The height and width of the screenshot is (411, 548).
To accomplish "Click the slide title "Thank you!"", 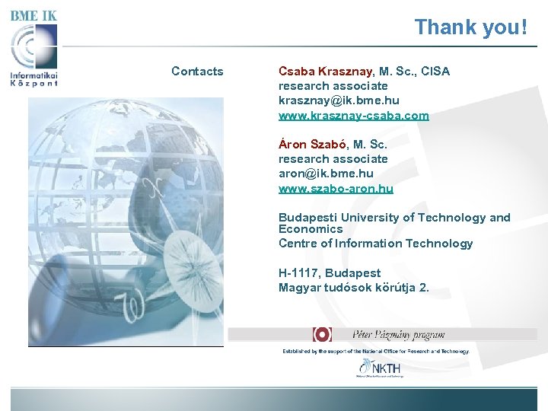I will (470, 27).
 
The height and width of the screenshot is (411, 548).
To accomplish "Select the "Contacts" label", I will (197, 72).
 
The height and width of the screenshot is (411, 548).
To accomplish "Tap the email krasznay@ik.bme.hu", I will (339, 100).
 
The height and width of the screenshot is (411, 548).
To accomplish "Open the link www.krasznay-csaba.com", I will (353, 116).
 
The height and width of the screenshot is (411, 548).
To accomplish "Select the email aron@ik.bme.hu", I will (326, 174).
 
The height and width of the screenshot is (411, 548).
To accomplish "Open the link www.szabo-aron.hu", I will (336, 188).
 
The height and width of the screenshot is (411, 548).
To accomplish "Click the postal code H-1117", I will (301, 272).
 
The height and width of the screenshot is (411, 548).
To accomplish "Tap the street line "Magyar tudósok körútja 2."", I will (353, 288).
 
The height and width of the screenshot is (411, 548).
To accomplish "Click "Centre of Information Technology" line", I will (375, 244).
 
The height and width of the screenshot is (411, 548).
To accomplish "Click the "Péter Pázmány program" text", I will (398, 334).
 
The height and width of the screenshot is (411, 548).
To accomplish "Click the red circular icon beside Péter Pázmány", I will (322, 334).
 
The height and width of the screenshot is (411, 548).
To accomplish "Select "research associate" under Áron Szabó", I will (333, 159).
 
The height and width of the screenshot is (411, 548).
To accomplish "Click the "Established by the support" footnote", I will (376, 352).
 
